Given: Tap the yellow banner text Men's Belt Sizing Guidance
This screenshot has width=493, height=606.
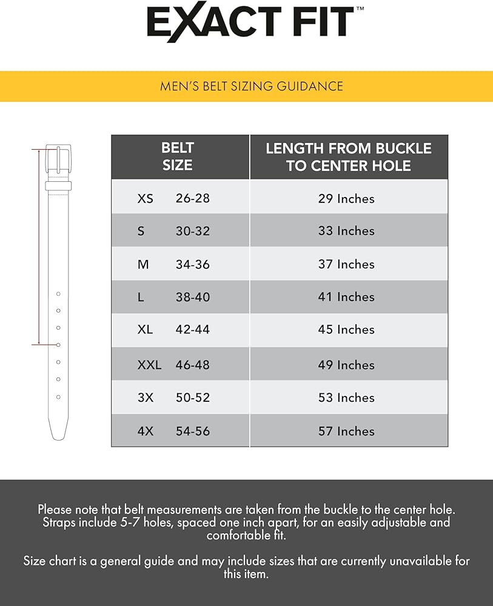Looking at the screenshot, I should point(251,86).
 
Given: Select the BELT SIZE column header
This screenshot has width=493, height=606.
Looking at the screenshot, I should point(178,156).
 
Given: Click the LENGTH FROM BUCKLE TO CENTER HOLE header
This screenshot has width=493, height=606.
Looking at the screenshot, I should point(348,157).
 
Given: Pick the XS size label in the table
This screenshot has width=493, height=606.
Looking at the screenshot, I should point(146,198).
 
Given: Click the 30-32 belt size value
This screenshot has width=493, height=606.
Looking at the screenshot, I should point(192,231).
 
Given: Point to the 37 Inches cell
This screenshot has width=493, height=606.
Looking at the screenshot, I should point(346,264).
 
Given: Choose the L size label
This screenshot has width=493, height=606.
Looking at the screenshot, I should point(141,297).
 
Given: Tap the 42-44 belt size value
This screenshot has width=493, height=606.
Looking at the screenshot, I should point(192,330).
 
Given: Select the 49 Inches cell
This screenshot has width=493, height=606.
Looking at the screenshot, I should point(346,365).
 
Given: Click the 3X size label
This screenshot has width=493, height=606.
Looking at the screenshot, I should point(146,398).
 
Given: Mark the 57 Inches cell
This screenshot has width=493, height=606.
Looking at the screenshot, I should point(346,431).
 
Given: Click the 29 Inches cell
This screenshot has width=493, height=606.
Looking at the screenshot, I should point(346,199).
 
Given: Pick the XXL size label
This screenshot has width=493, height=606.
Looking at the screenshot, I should point(149,365).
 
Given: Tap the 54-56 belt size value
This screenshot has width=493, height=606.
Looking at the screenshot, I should point(192,431).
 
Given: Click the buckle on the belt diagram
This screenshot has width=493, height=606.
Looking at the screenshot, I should point(58,159).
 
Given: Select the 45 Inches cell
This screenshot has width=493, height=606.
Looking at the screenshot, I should point(346,330).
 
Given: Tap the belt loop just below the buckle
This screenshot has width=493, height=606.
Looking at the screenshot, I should point(58,185).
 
